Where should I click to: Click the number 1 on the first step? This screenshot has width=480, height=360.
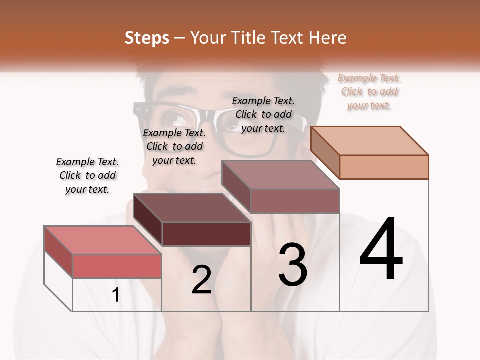116,295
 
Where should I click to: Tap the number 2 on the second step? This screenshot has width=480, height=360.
201,280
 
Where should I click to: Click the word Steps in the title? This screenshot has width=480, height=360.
147,38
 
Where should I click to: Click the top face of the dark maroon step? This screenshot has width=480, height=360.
192,207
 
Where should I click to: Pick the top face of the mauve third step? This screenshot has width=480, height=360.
281,174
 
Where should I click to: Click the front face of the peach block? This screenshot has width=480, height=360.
384,167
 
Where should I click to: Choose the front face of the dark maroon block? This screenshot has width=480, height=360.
206,234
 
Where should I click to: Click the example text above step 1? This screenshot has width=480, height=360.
87,175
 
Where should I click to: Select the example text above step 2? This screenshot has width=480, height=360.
174,146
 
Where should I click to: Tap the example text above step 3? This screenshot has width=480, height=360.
263,114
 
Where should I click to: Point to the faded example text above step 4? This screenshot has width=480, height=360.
369,91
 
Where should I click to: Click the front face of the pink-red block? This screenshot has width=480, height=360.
117,266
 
